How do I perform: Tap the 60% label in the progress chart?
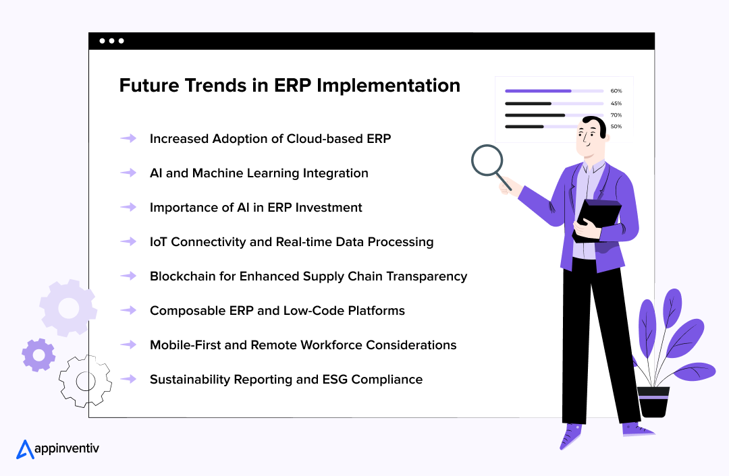click(x=616, y=91)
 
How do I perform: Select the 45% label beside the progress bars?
click(x=616, y=103)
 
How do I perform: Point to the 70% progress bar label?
click(x=616, y=115)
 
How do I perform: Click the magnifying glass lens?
click(x=487, y=160)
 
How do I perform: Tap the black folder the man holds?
click(x=597, y=220)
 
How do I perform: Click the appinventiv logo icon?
click(x=25, y=449)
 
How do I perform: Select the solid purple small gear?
click(x=38, y=355)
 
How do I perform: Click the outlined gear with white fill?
click(x=86, y=381)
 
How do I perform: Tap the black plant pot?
click(x=653, y=402)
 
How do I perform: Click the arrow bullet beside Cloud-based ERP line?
click(x=128, y=138)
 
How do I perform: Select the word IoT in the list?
click(x=158, y=242)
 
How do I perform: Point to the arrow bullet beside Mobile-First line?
click(x=128, y=345)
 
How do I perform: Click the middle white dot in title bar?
click(x=111, y=41)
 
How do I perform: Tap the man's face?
click(x=589, y=138)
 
